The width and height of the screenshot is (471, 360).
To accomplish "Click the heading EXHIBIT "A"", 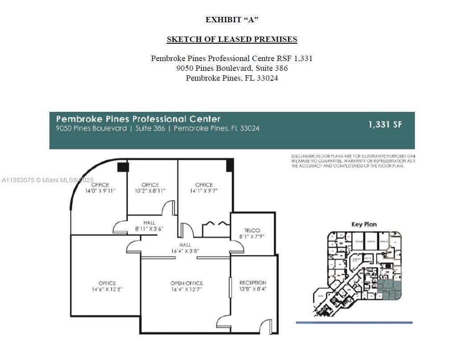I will tap(231, 20).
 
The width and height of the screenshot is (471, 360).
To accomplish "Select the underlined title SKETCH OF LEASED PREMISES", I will tap(231, 39).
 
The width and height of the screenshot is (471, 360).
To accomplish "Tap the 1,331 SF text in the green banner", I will tap(385, 124).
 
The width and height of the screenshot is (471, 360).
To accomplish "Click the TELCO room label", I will tap(252, 230).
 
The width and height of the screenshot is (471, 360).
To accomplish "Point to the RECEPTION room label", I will tap(252, 282).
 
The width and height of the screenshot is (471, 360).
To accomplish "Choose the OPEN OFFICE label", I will tap(187, 283).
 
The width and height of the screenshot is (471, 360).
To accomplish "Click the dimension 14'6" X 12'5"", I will tap(107, 289).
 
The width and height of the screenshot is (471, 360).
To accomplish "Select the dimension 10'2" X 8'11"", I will tap(150, 191).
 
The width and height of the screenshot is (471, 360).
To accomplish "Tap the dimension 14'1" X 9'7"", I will tap(203, 191).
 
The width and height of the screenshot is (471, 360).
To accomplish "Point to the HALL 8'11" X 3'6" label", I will tap(149, 225).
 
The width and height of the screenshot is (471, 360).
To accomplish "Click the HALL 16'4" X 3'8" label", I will tap(185, 248).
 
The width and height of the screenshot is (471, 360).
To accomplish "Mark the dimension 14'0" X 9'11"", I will tap(100, 191).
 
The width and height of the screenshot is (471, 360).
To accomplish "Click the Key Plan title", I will tap(364, 224).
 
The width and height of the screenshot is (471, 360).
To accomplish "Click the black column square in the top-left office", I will tap(123, 167).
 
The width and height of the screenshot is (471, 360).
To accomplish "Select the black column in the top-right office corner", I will tap(230, 165).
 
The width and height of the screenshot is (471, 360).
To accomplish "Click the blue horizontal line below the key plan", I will tap(354, 323).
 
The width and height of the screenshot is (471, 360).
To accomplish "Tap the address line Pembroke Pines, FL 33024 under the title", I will tap(231, 78).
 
